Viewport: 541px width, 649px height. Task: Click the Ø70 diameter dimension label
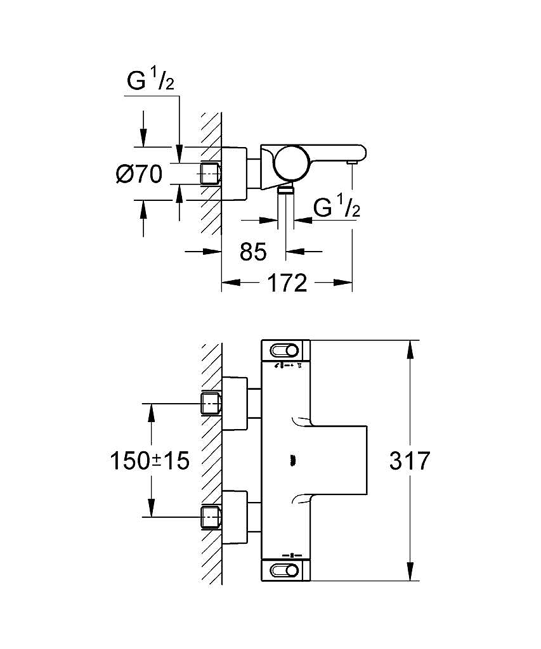[139, 174]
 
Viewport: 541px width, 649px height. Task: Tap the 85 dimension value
[253, 251]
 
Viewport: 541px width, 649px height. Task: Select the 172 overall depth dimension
[288, 283]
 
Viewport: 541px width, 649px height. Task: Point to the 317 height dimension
[410, 461]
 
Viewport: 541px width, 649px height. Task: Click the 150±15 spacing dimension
[150, 461]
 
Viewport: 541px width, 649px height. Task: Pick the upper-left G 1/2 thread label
[150, 80]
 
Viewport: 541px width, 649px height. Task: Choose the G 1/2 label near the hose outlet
[337, 207]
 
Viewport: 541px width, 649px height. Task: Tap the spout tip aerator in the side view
[353, 164]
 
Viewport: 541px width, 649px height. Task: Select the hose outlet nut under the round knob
[285, 189]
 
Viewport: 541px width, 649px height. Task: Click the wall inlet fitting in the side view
[211, 174]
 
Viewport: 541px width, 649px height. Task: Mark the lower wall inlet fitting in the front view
[211, 517]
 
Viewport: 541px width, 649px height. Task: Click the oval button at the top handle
[284, 350]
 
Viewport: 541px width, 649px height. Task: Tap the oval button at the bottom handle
[284, 571]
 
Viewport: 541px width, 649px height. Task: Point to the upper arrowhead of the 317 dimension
[410, 349]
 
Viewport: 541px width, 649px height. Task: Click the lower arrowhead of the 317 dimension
[410, 571]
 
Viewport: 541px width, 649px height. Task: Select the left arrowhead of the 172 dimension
[231, 283]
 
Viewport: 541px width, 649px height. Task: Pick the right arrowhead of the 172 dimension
[343, 283]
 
